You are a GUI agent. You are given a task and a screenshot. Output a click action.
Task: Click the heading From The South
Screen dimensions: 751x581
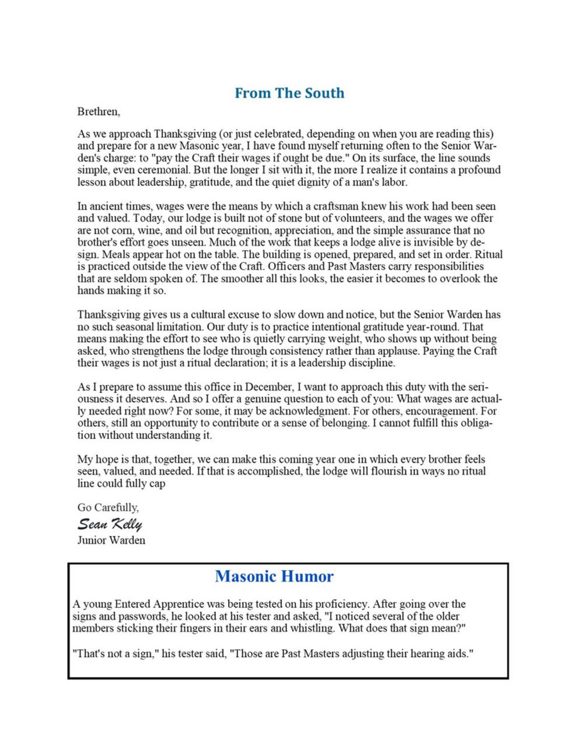tap(289, 93)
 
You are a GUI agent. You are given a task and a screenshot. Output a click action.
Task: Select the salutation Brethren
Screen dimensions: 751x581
tap(99, 111)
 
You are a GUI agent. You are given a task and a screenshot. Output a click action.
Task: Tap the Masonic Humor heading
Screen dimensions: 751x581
tap(274, 576)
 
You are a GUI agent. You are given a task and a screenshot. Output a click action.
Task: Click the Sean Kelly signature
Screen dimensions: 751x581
tap(110, 524)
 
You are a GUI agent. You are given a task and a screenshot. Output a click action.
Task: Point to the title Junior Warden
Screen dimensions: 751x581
tap(111, 541)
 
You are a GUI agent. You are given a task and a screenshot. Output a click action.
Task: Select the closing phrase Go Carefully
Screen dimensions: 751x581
tap(108, 507)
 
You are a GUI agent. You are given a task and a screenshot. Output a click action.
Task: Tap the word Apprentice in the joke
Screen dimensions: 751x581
tap(181, 604)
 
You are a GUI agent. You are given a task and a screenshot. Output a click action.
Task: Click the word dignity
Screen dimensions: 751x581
tap(312, 182)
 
